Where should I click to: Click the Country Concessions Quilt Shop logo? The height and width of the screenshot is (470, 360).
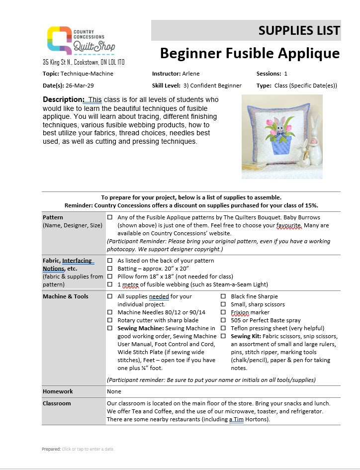[81, 40]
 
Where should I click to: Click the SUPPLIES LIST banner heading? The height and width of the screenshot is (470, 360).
[299, 30]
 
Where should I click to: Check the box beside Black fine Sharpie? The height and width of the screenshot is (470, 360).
[223, 297]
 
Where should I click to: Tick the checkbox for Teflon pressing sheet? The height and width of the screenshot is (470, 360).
[223, 329]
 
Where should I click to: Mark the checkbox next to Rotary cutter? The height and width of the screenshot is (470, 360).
[110, 321]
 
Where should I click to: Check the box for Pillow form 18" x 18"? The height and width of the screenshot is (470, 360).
[110, 277]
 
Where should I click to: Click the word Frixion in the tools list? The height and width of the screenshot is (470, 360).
[240, 313]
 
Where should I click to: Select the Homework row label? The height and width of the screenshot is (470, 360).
[58, 391]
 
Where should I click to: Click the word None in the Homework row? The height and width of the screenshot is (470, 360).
[114, 391]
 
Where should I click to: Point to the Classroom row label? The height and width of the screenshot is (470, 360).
[57, 403]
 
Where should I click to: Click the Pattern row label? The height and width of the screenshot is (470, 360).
[53, 217]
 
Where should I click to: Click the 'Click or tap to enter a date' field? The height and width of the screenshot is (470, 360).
[88, 449]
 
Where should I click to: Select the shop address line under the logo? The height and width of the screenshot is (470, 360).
[84, 62]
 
